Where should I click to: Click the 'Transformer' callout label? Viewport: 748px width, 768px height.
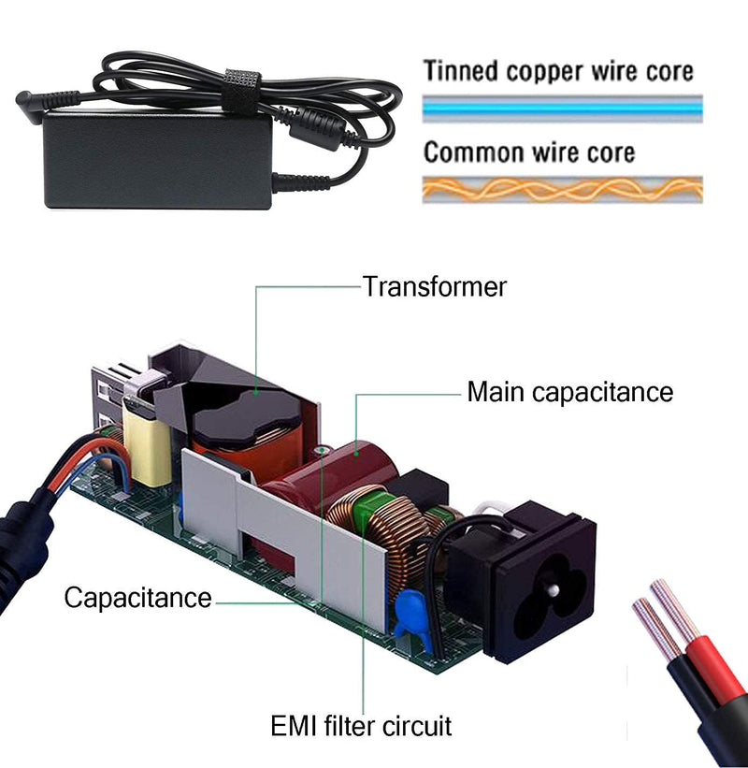click(434, 286)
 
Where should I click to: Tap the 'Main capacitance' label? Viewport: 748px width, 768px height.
click(569, 392)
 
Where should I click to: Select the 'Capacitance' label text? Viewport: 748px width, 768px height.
click(137, 598)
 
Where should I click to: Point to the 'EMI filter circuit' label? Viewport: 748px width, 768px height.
click(361, 725)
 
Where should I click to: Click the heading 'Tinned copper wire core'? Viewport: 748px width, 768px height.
click(558, 71)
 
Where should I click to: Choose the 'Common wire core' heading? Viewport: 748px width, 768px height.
click(529, 152)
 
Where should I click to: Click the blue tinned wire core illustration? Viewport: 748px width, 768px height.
click(563, 109)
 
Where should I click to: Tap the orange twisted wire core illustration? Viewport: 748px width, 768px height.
click(563, 189)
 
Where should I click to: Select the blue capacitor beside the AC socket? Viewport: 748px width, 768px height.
click(412, 618)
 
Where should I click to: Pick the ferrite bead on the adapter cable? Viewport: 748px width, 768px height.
click(317, 129)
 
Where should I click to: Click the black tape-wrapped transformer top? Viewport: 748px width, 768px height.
click(247, 419)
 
